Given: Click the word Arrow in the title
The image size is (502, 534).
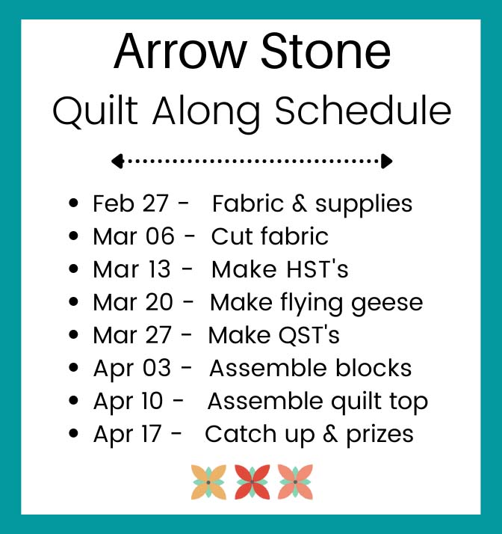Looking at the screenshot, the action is click(179, 52).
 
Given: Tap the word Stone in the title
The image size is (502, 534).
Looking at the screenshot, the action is click(326, 52).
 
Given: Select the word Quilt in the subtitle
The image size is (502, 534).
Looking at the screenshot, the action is click(95, 111).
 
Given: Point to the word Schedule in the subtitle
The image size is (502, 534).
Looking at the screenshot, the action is click(363, 110).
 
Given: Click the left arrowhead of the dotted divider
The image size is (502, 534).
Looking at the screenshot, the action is click(117, 161).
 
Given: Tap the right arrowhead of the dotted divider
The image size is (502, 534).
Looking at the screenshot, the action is click(387, 161).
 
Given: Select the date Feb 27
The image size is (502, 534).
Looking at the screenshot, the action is click(131, 203).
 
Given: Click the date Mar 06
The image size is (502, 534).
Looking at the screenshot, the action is click(134, 236).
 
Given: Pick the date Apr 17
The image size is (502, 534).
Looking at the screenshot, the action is click(127, 435).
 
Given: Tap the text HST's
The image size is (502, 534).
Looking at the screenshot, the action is click(317, 269).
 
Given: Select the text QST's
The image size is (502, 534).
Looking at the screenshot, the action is click(309, 336).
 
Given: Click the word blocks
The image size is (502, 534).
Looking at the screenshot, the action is click(374, 368).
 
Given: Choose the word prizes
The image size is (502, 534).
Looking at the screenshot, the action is click(379, 435).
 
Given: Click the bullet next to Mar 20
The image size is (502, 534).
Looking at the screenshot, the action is click(73, 301).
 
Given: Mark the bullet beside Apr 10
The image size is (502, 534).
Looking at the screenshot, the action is click(73, 401).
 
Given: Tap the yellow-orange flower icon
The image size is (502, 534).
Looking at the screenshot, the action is click(208, 482).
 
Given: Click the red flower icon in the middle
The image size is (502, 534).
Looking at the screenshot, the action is click(252, 482).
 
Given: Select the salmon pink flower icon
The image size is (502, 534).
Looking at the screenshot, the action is click(295, 482).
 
